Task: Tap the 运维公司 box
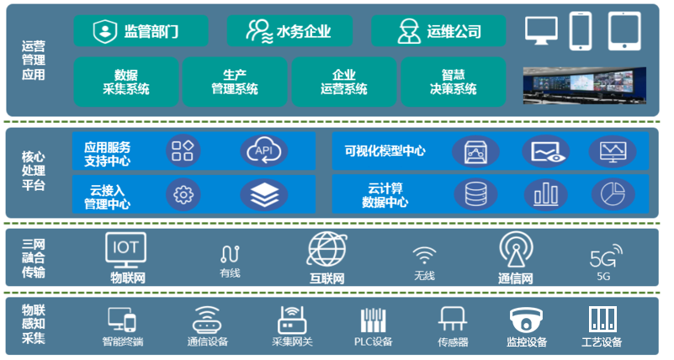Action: [x=438, y=32]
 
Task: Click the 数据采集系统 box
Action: [x=126, y=82]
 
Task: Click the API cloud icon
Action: [x=263, y=151]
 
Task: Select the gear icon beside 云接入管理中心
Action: [x=182, y=195]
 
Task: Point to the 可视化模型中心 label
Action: [x=385, y=151]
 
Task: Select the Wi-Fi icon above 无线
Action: [x=425, y=255]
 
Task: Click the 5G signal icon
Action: [x=605, y=255]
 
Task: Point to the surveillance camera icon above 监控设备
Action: [x=526, y=320]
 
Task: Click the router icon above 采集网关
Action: [x=291, y=320]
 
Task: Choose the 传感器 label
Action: [x=453, y=342]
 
